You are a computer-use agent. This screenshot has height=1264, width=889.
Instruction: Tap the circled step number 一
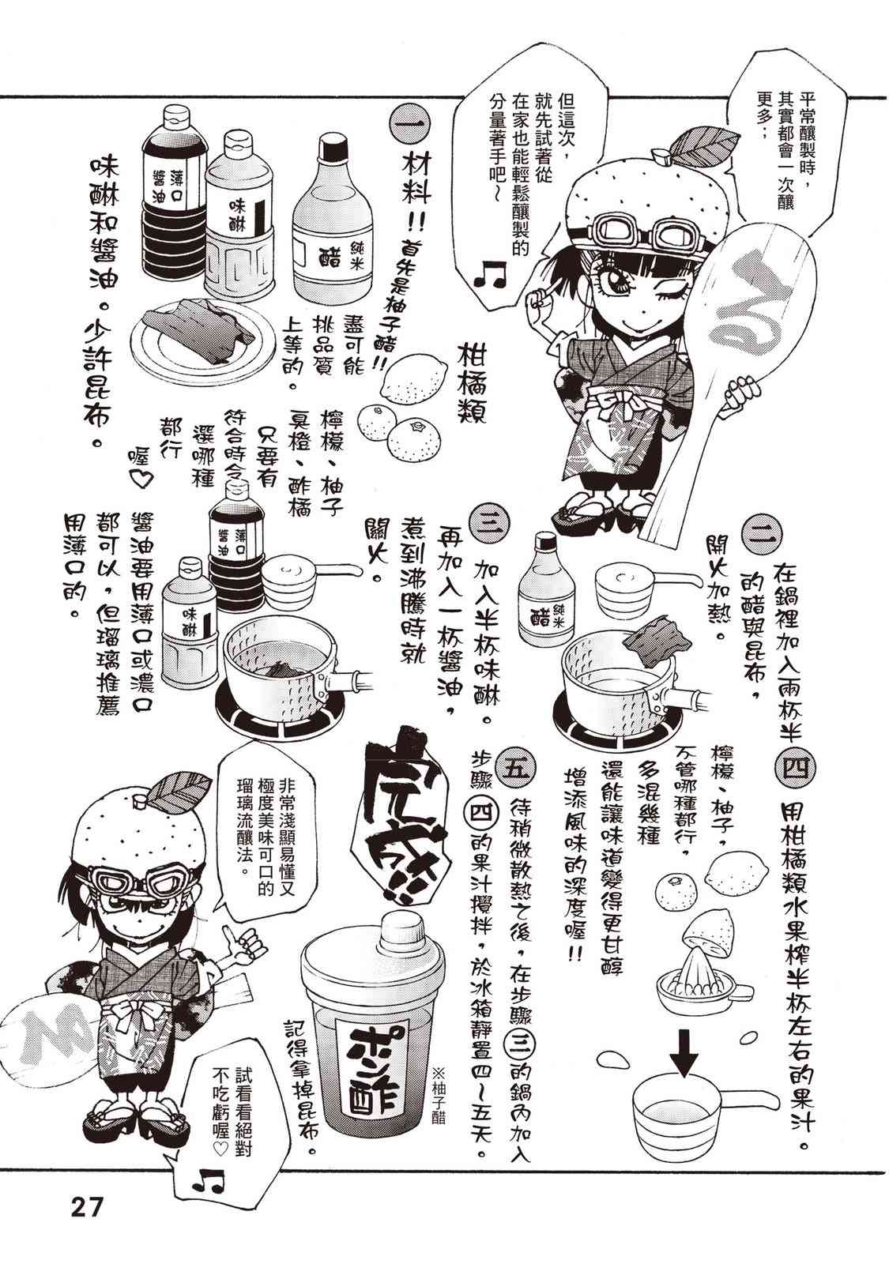[x=409, y=126]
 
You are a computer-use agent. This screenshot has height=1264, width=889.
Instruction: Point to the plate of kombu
[x=194, y=335]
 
